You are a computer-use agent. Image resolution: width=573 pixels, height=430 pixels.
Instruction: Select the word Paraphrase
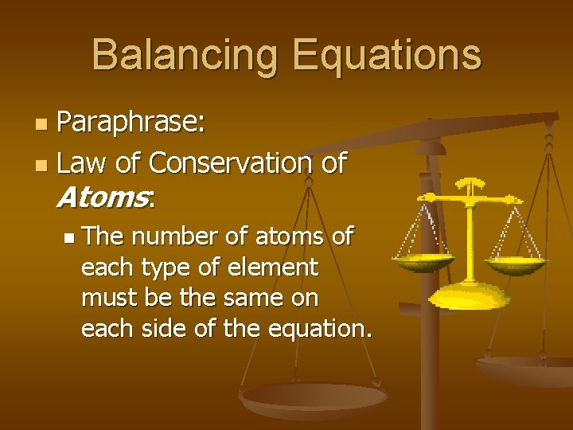pyautogui.click(x=132, y=123)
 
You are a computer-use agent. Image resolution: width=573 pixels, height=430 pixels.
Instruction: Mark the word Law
pyautogui.click(x=83, y=163)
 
